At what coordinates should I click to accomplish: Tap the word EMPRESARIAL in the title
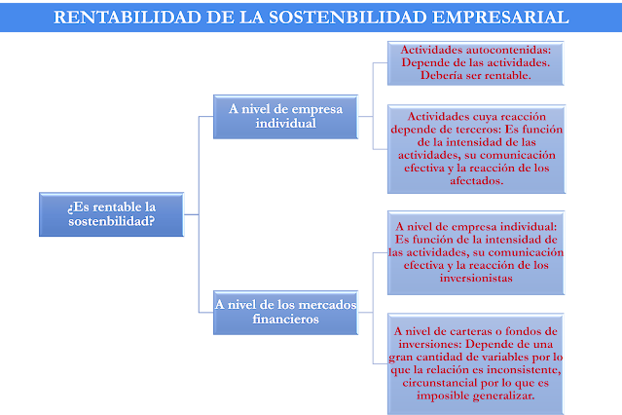[x=500, y=18]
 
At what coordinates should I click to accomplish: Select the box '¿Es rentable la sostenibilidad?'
[x=112, y=214]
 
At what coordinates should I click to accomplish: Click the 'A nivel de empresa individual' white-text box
[x=285, y=117]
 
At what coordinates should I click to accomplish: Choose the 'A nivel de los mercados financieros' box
[x=285, y=313]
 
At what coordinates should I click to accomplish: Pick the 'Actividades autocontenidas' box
[x=476, y=62]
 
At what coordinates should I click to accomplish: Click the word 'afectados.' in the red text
[x=476, y=181]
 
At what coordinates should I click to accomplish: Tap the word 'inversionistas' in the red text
[x=476, y=278]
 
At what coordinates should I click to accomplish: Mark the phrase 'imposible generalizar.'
[x=476, y=396]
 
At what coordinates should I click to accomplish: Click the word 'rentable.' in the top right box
[x=509, y=75]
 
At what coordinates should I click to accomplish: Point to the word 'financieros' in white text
[x=285, y=320]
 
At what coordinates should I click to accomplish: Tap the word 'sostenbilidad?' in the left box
[x=112, y=221]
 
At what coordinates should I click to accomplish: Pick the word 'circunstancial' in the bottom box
[x=438, y=383]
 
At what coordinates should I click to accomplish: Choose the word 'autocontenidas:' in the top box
[x=508, y=50]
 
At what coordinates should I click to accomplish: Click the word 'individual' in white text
[x=285, y=124]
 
